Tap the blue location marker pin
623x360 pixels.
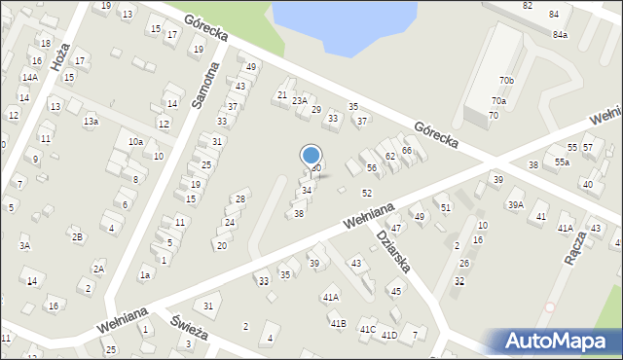click(x=311, y=156)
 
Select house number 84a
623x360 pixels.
click(x=560, y=35)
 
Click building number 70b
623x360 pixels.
click(x=506, y=80)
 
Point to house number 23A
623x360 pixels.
click(x=300, y=100)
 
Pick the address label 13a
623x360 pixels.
click(x=91, y=122)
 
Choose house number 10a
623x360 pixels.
click(x=135, y=142)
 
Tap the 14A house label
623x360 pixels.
click(x=30, y=77)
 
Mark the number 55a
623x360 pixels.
click(x=563, y=162)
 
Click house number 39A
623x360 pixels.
click(x=515, y=204)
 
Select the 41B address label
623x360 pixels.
click(x=338, y=323)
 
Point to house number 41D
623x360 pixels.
click(x=389, y=336)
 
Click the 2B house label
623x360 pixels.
click(x=77, y=236)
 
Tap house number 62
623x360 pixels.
click(x=389, y=156)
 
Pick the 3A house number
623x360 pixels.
click(x=25, y=246)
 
